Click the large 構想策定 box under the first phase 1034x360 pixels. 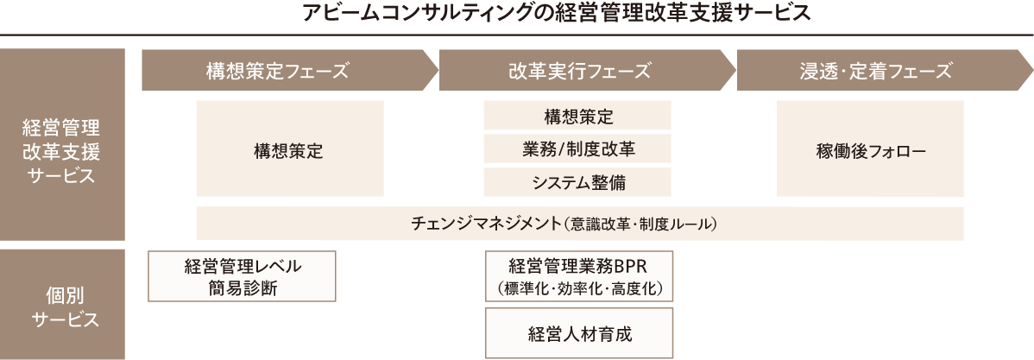pyautogui.click(x=290, y=149)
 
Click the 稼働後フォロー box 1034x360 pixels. pyautogui.click(x=870, y=149)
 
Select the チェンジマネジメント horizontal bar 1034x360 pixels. pyautogui.click(x=579, y=224)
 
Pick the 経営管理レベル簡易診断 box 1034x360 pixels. pyautogui.click(x=243, y=276)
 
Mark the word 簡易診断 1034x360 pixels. pyautogui.click(x=243, y=288)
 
